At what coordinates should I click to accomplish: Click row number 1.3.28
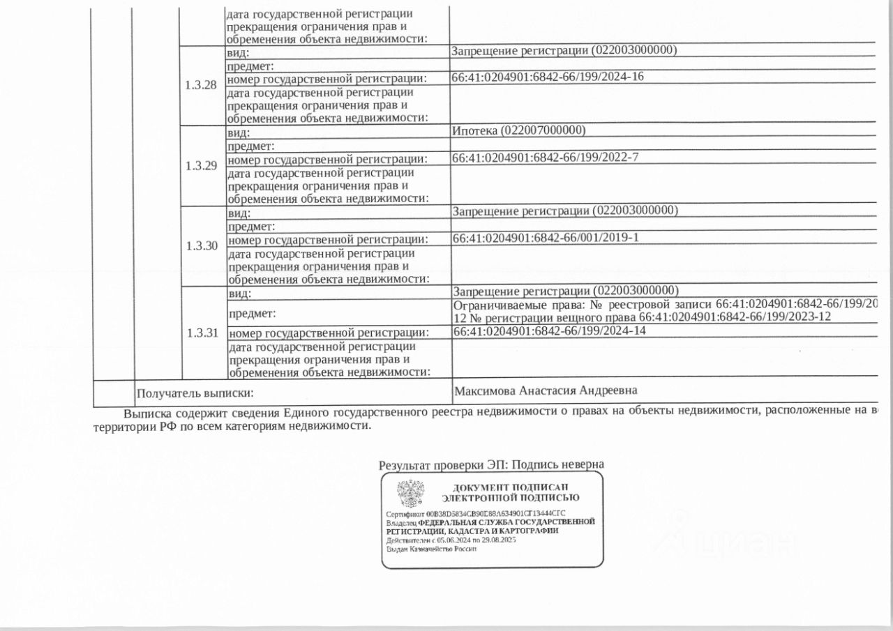201,85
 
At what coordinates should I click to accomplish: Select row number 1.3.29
201,166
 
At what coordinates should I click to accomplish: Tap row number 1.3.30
201,246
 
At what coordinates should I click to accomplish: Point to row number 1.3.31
202,333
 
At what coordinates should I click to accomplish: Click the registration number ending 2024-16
548,77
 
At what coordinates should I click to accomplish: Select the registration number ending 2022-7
546,158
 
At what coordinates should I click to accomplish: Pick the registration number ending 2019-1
546,238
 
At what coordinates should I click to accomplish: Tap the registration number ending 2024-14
550,331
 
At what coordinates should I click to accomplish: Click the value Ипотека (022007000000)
518,131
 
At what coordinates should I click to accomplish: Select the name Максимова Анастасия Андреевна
546,391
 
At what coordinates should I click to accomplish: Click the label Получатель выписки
193,394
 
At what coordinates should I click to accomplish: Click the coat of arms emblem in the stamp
410,493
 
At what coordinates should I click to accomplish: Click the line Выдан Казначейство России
432,549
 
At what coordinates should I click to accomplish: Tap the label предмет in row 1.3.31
251,314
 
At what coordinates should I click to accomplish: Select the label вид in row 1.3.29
239,132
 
